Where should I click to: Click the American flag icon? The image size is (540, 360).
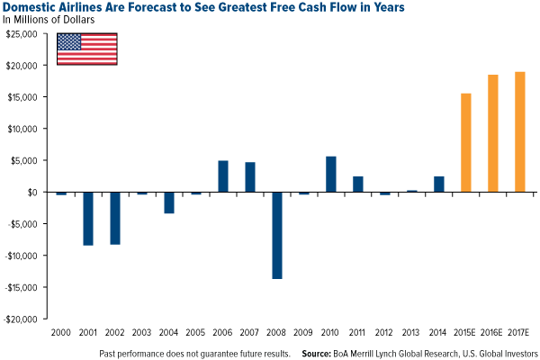(x=87, y=49)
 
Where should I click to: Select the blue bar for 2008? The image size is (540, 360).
(x=277, y=235)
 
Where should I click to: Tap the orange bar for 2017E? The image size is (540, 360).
(x=519, y=131)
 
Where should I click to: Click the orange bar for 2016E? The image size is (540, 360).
(x=492, y=133)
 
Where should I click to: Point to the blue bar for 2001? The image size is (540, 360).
(x=88, y=218)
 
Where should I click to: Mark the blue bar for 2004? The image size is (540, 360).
(x=169, y=202)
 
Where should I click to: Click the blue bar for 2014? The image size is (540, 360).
(x=438, y=184)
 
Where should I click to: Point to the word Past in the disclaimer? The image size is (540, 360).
(x=110, y=352)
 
